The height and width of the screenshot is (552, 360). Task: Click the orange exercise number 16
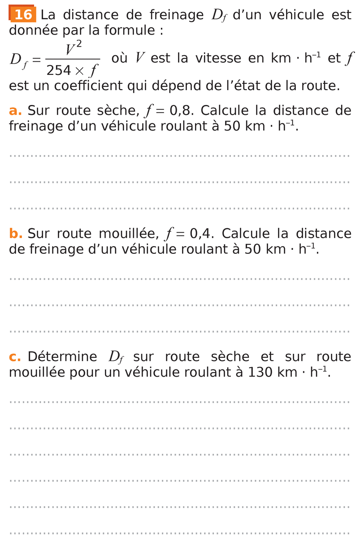[x=23, y=15]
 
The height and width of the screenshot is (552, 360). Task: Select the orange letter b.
[x=16, y=234]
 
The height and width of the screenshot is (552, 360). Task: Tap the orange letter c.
[x=15, y=357]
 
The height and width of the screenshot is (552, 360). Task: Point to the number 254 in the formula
[x=59, y=70]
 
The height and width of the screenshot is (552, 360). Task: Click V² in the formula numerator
[x=73, y=48]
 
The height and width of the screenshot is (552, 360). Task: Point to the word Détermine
[x=62, y=357]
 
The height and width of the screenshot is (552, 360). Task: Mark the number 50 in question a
[x=232, y=126]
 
